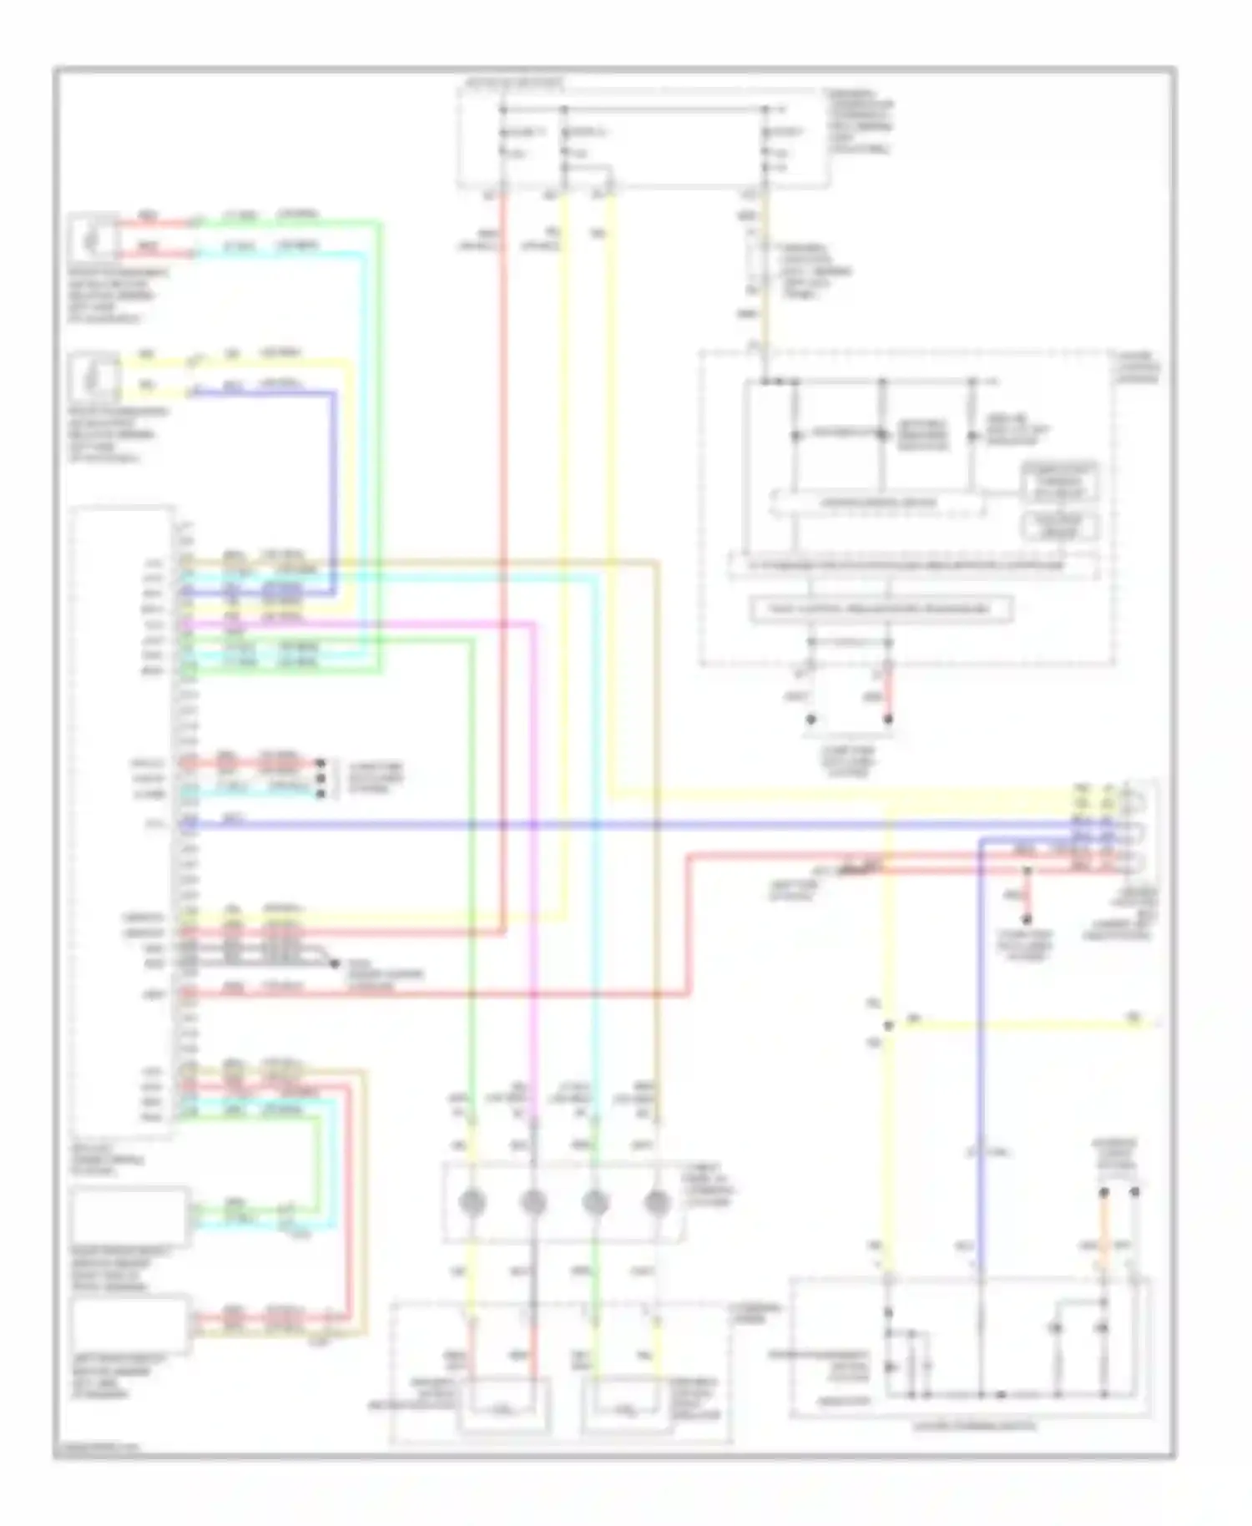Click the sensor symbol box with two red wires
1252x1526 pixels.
[93, 238]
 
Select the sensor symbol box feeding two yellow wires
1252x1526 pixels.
[93, 377]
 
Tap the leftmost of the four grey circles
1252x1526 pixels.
[472, 1203]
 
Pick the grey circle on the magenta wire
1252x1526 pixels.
[533, 1203]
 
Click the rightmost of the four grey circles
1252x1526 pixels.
[657, 1203]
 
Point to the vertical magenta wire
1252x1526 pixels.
[533, 877]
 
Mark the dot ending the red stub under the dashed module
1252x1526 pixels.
[888, 719]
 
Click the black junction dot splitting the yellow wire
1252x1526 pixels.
[888, 1025]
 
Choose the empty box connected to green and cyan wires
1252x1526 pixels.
[129, 1215]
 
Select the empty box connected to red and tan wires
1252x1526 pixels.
[129, 1323]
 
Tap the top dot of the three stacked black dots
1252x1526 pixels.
[321, 763]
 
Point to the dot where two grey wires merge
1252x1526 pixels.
[334, 963]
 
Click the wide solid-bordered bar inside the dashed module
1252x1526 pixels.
[881, 609]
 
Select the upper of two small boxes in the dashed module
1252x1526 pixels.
[1059, 482]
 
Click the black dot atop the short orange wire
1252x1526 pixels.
[1103, 1192]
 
